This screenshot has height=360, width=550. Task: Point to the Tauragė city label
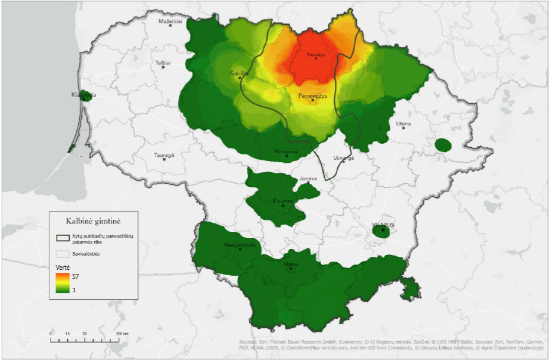pos(164,155)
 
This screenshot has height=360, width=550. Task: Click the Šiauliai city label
pos(240,73)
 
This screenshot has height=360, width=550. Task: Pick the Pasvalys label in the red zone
pos(316,55)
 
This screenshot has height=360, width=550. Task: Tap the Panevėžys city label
pos(312,95)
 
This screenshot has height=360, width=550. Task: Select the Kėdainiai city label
pos(286,151)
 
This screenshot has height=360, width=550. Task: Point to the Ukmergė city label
pos(344,158)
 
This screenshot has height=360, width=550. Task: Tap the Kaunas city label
pos(283,202)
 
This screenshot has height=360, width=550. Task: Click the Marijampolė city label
pos(240,245)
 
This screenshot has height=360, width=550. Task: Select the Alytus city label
pos(291,264)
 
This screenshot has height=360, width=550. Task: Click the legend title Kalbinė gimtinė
pos(93,220)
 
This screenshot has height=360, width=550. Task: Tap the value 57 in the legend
pos(75,276)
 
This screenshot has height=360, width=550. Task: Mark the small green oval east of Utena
pos(443,145)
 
